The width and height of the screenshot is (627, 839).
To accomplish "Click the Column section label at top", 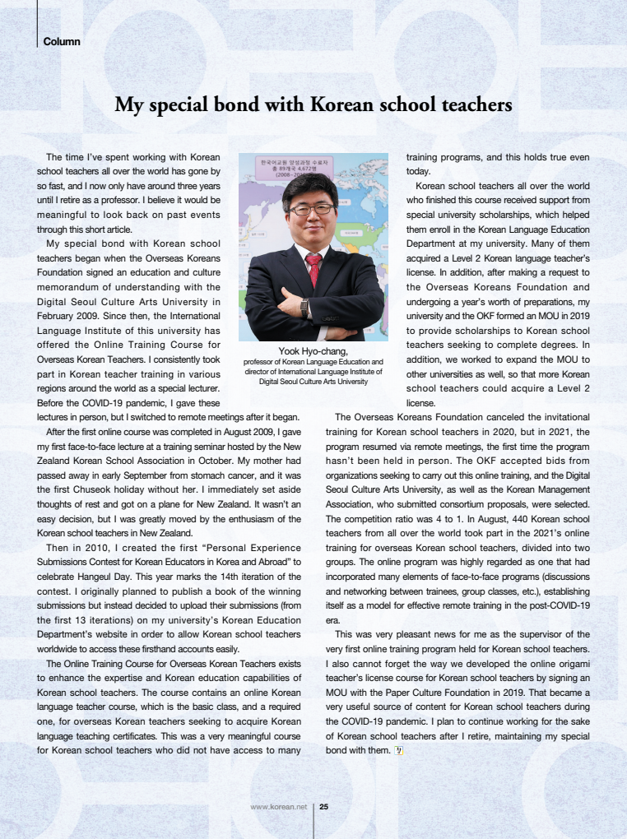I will point(62,41).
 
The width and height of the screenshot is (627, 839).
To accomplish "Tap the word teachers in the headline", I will point(471,105).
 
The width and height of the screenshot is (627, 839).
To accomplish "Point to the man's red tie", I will point(313,267).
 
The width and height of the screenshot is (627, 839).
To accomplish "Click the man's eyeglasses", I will point(310,209).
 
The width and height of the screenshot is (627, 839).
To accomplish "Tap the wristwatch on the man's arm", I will point(304,307).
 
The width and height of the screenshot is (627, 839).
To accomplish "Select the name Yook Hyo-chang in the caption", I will point(313,352).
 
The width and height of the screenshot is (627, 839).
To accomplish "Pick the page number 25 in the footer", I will point(323,807).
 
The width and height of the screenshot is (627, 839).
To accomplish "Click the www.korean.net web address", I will point(278,807).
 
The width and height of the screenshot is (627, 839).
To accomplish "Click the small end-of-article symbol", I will point(398,751).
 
